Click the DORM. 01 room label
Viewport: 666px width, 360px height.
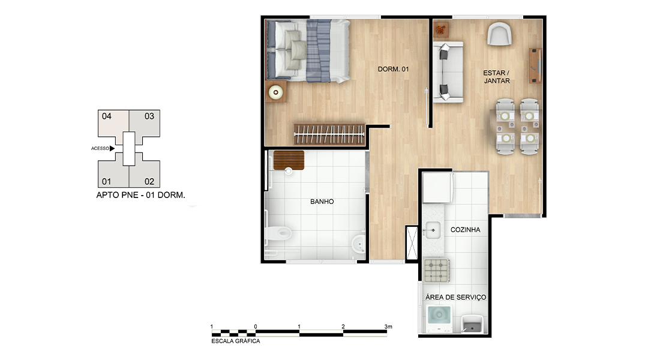[394, 69]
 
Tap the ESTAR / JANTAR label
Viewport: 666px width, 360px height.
[497, 77]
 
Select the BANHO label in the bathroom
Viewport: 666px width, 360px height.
[322, 202]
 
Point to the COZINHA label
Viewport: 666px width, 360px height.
[465, 230]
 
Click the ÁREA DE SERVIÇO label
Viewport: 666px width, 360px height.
[456, 297]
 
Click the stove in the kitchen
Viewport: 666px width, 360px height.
[436, 270]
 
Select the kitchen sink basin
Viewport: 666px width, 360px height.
[433, 230]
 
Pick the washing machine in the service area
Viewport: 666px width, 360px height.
[439, 319]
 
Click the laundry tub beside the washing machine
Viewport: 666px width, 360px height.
[472, 325]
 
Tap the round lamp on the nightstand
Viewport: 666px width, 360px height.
[276, 92]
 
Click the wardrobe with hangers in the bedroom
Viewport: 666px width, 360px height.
[329, 134]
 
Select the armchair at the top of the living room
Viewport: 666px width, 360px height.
[499, 34]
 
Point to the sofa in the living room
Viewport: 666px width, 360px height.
[448, 72]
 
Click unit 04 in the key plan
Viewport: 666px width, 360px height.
[113, 123]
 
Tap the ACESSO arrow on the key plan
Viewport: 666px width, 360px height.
[112, 149]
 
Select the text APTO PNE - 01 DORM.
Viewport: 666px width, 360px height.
[140, 195]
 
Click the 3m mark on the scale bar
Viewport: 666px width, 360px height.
[388, 327]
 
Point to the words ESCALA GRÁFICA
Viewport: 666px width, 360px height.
[236, 341]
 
